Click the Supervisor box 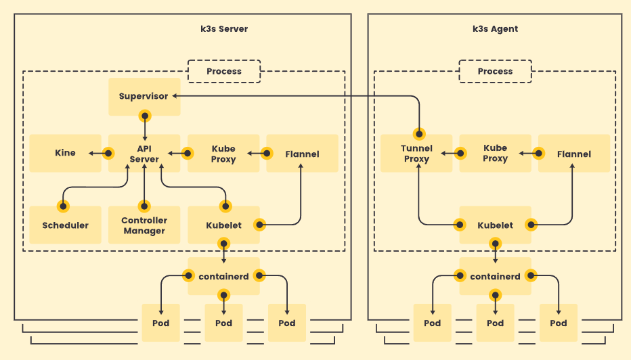pyautogui.click(x=144, y=96)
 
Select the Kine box pyautogui.click(x=65, y=154)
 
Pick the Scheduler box pyautogui.click(x=65, y=225)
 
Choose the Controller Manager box pyautogui.click(x=144, y=225)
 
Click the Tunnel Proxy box pyautogui.click(x=416, y=154)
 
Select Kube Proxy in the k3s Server pyautogui.click(x=223, y=154)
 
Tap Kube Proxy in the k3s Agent pyautogui.click(x=495, y=154)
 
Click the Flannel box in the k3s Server pyautogui.click(x=302, y=154)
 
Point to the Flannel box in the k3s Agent pyautogui.click(x=573, y=154)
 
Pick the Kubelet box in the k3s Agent pyautogui.click(x=495, y=225)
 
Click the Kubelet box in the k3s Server pyautogui.click(x=223, y=225)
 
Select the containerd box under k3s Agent pyautogui.click(x=495, y=276)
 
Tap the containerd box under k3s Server pyautogui.click(x=223, y=276)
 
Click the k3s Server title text pyautogui.click(x=224, y=29)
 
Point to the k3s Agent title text pyautogui.click(x=495, y=29)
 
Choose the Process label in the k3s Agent pyautogui.click(x=495, y=71)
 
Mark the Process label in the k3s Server pyautogui.click(x=224, y=71)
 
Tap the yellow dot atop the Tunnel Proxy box pyautogui.click(x=420, y=133)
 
